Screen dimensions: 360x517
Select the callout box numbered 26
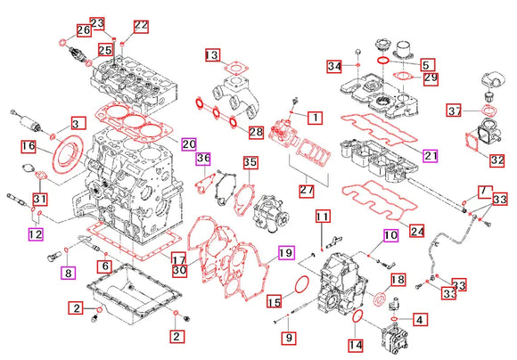83,30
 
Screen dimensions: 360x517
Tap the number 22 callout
141,25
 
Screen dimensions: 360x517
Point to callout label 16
28,145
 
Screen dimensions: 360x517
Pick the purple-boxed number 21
431,156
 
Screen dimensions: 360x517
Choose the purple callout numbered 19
284,252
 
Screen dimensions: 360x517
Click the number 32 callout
496,160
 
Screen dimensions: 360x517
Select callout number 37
454,110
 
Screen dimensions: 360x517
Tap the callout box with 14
354,344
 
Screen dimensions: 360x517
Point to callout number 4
419,317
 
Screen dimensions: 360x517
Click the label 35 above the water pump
250,163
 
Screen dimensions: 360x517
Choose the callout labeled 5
426,65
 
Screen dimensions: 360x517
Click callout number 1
315,117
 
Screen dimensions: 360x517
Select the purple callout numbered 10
390,236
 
